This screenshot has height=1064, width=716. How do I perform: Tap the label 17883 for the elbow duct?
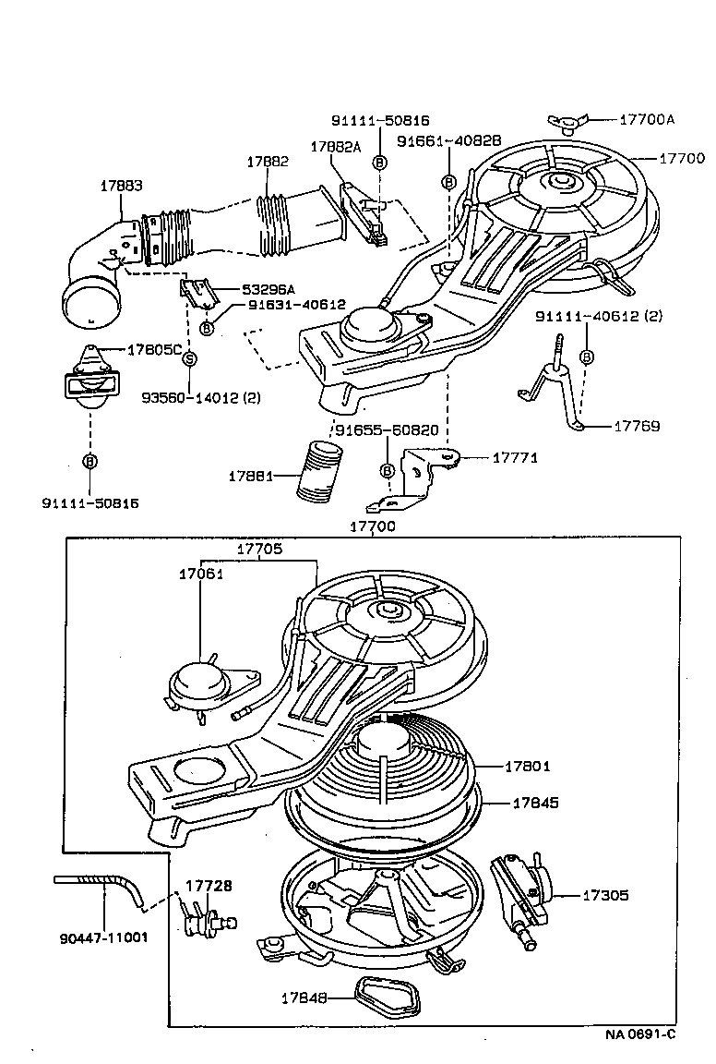tap(121, 186)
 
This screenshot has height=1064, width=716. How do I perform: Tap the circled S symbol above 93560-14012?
tap(189, 358)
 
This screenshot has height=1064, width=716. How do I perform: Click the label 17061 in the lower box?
tap(202, 574)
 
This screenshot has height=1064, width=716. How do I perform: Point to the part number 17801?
tap(527, 766)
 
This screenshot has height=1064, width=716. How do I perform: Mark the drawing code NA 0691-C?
tap(639, 1034)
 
